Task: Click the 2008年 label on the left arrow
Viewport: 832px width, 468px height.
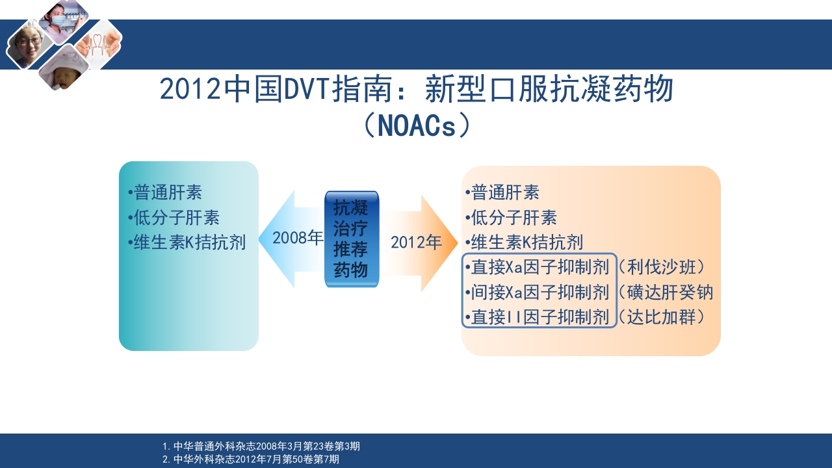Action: [298, 238]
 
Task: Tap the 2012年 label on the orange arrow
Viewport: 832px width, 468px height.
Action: [416, 242]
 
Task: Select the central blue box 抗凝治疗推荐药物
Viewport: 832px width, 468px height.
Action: [352, 239]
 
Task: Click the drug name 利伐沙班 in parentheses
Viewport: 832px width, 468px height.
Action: [661, 267]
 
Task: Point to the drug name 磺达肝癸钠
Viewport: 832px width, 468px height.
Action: [670, 292]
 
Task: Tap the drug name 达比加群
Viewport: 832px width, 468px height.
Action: [661, 317]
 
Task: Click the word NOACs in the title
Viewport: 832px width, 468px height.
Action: [417, 126]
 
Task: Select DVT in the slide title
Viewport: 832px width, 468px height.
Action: [307, 89]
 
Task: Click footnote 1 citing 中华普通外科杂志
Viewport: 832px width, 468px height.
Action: [261, 446]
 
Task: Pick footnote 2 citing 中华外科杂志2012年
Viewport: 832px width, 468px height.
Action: [251, 459]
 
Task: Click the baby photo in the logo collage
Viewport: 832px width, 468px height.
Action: [64, 69]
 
